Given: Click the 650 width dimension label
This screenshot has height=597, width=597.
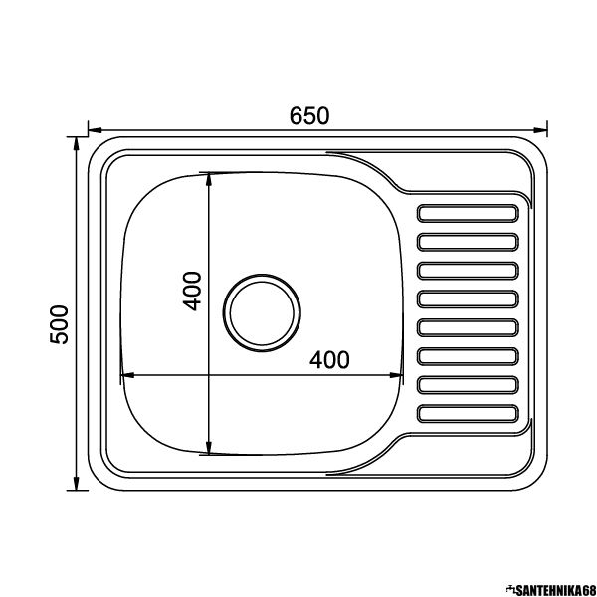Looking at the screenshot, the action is (309, 116).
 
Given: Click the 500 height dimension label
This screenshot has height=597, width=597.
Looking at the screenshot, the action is (59, 324).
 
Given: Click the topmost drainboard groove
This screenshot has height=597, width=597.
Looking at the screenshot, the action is (468, 214).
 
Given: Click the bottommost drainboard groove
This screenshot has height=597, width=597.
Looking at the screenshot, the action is (468, 414).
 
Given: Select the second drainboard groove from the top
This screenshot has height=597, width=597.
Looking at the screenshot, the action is (468, 242).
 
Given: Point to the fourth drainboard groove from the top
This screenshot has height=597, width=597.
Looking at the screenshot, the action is (468, 299).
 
